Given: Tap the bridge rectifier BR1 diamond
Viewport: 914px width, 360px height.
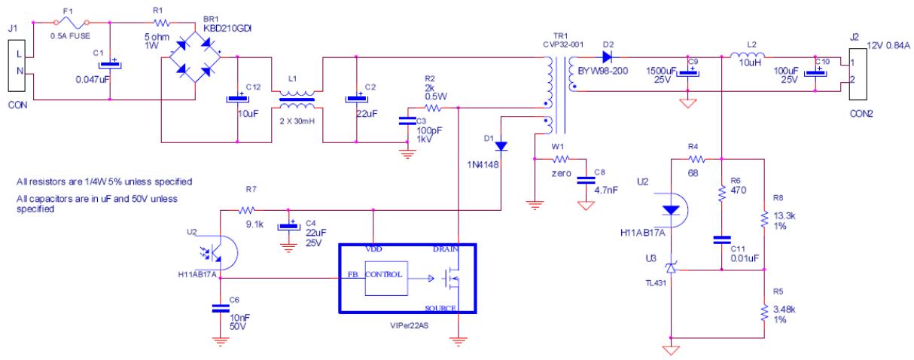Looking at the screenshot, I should coord(193,53).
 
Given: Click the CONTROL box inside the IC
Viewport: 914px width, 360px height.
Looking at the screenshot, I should coord(386,276).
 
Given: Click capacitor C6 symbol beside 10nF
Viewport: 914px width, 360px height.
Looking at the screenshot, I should coord(220,307).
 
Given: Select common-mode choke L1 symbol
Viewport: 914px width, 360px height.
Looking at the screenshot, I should coord(294,98).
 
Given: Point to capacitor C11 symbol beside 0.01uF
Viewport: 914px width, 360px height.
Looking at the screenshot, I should coord(721,241).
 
